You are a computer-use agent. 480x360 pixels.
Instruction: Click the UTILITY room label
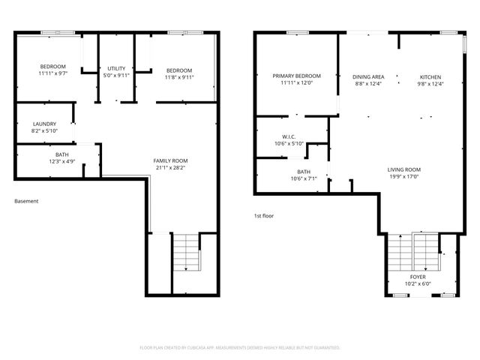point(116,69)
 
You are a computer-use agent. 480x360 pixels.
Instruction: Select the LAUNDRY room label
point(44,124)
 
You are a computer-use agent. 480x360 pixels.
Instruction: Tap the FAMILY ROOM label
point(170,161)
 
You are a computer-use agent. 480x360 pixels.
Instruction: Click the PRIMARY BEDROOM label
point(296,76)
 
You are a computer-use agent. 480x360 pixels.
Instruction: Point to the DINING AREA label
point(368,76)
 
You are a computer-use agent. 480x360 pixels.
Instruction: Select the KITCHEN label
point(430,76)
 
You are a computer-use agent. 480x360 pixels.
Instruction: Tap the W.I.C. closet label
point(289,136)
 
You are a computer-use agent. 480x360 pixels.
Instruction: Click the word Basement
point(26,201)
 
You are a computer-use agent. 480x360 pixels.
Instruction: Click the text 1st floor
point(263,216)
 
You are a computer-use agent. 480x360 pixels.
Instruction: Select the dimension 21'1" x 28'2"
point(170,168)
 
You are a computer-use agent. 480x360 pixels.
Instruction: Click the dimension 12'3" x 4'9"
point(40,161)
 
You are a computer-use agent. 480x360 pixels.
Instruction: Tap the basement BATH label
point(40,154)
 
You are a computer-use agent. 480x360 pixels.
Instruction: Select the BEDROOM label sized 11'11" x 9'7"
point(52,67)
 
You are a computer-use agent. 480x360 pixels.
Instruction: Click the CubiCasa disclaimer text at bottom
point(240,348)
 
